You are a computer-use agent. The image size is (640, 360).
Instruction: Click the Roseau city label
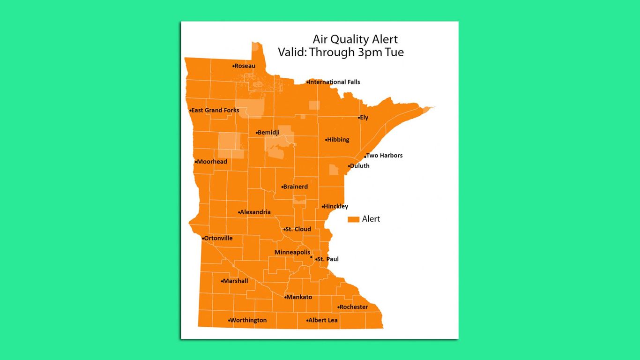pos(245,66)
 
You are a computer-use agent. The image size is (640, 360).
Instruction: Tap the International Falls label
pos(335,82)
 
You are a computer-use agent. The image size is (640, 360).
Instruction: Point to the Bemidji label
pos(268,133)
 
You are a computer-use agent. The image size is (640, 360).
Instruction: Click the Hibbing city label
pos(338,140)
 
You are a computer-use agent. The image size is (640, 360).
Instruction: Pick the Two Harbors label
pos(385,156)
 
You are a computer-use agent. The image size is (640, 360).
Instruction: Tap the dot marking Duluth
pos(349,166)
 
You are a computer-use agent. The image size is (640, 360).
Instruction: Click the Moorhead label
pos(212,162)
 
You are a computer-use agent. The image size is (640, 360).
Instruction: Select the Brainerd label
pos(296,187)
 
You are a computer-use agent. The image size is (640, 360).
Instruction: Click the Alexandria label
pos(255,212)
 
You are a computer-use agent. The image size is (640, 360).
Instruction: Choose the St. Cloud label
pos(298,229)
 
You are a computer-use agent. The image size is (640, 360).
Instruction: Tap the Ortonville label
pos(218,238)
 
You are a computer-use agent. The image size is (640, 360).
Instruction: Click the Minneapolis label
pos(292,252)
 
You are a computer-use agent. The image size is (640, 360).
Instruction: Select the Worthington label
pos(249,320)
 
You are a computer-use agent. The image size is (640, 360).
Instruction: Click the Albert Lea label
pos(323,320)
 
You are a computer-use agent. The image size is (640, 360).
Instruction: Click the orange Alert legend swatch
pos(353,219)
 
